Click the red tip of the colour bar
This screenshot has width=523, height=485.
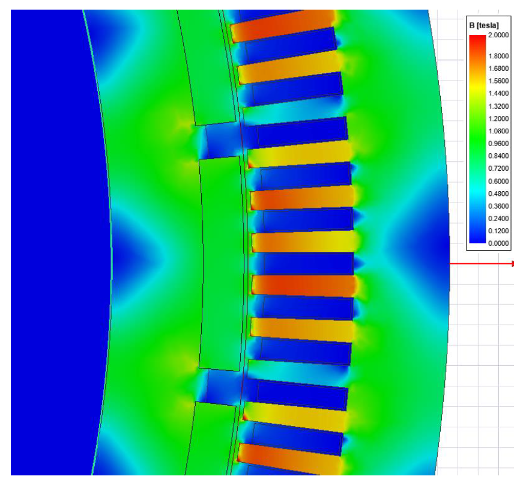(477, 38)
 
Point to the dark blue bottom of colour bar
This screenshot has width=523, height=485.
(477, 239)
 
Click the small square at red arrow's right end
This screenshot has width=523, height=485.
(513, 263)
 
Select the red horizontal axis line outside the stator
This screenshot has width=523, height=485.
(480, 263)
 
